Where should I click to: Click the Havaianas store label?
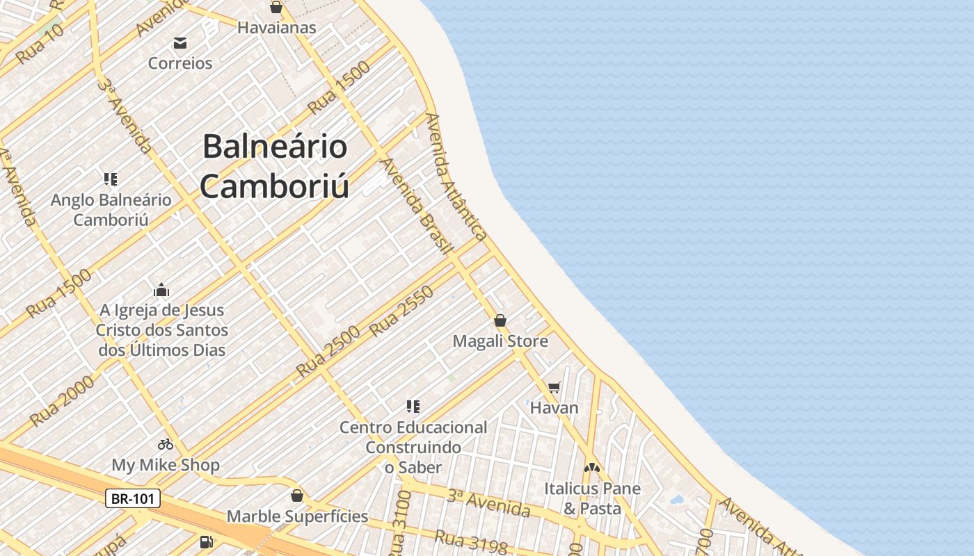click(277, 28)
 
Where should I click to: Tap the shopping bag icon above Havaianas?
click(276, 8)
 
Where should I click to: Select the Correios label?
click(180, 63)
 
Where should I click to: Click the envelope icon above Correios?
click(180, 44)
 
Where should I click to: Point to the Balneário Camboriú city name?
click(275, 166)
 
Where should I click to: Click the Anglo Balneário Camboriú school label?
click(111, 210)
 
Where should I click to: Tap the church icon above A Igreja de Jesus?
click(161, 290)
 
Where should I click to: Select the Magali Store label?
click(500, 341)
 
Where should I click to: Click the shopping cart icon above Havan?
click(554, 388)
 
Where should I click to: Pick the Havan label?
click(554, 407)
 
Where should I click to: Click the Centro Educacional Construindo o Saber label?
click(413, 448)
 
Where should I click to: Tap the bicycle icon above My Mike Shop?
click(166, 444)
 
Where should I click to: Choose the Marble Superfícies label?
click(297, 516)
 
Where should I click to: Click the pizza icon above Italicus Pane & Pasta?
click(592, 468)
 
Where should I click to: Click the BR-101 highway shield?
click(133, 498)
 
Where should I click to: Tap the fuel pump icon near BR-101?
click(206, 541)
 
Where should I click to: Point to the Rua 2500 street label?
click(328, 351)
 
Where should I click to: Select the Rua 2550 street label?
click(401, 311)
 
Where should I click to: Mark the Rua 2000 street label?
click(62, 400)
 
